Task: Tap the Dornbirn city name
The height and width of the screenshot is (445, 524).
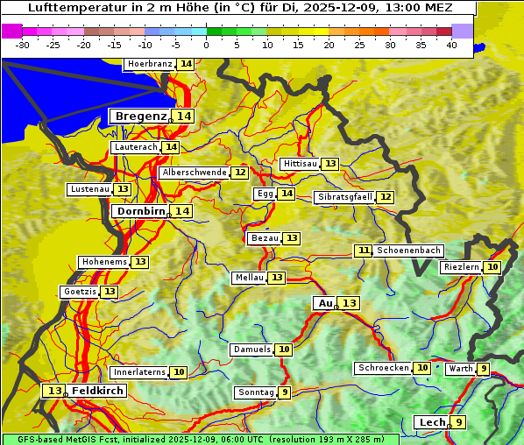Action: [140, 211]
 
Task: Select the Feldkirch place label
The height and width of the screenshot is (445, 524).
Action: [98, 391]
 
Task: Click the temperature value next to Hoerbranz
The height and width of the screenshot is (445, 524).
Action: [186, 65]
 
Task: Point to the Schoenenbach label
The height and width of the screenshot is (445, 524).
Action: [408, 251]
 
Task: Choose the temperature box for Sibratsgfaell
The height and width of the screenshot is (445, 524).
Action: [386, 197]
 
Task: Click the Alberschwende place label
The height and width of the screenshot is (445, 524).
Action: [195, 173]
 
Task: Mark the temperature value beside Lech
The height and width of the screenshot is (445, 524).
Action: [458, 422]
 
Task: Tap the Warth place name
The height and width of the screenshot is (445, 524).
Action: [461, 369]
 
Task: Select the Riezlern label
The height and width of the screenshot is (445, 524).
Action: [461, 267]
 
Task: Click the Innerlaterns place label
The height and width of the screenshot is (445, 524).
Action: [139, 372]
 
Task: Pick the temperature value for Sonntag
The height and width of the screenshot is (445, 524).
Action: [285, 392]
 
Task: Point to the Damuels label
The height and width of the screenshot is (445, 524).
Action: [251, 350]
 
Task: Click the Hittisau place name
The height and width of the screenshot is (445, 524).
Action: [300, 164]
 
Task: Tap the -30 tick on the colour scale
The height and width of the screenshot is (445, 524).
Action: [23, 44]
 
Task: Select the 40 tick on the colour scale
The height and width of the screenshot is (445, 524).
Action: [451, 44]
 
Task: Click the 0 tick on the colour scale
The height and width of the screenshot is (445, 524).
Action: [206, 44]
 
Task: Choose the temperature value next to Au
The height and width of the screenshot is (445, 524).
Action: [349, 303]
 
